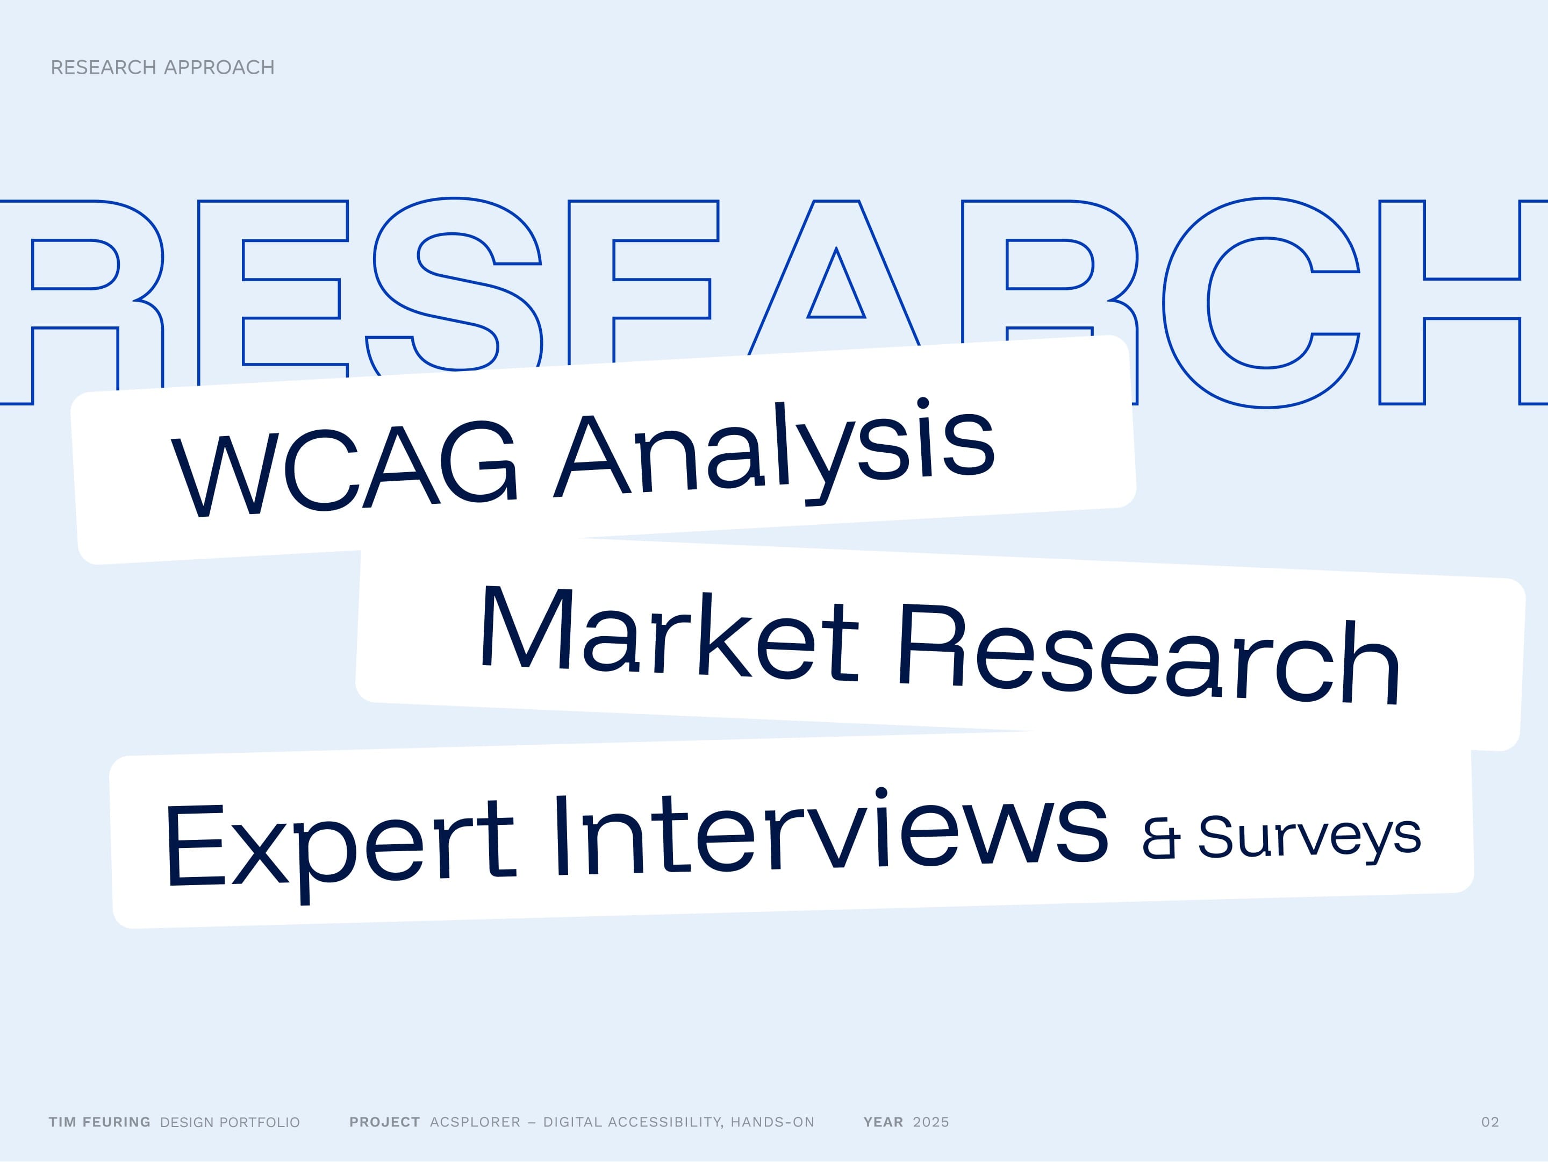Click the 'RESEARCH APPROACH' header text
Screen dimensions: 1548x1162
pos(162,67)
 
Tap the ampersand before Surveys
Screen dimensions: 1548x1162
pos(1160,838)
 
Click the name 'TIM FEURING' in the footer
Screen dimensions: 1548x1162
pos(99,1122)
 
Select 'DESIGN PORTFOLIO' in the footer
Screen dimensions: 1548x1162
pos(230,1122)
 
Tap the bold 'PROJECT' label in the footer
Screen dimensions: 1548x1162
pos(384,1122)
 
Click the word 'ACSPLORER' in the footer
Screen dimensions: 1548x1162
pos(475,1122)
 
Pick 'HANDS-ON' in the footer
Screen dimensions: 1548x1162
pos(772,1122)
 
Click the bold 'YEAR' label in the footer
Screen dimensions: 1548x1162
pos(883,1122)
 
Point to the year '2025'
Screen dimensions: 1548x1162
pos(931,1122)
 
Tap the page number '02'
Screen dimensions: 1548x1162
pos(1490,1122)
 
